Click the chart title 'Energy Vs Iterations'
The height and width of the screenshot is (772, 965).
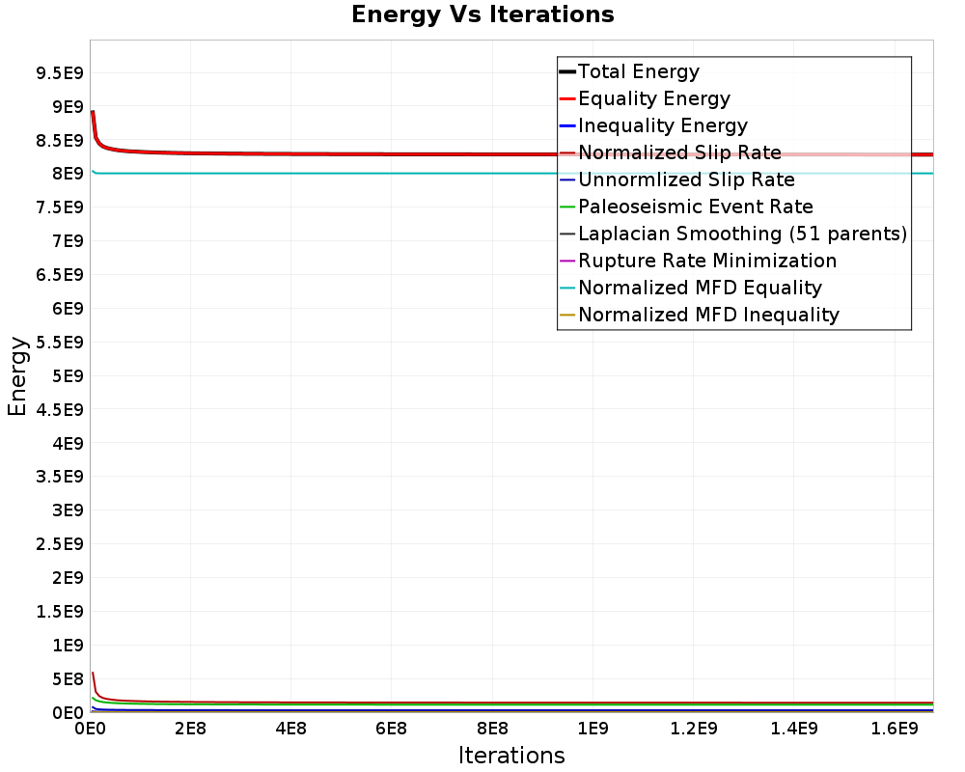click(482, 14)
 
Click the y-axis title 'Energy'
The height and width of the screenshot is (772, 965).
click(16, 375)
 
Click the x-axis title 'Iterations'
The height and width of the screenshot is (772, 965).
click(511, 755)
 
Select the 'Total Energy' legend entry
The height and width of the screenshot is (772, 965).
click(638, 71)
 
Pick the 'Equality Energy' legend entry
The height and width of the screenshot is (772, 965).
click(653, 98)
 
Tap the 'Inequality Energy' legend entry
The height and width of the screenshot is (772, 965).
click(662, 125)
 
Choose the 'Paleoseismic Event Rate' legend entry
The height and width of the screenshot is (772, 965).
click(695, 207)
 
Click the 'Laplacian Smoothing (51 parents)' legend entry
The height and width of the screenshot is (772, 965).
click(742, 234)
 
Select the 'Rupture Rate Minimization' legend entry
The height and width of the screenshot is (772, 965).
click(707, 261)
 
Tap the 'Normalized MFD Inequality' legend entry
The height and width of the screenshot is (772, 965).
click(708, 315)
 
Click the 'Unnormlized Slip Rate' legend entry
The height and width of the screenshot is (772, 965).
click(686, 179)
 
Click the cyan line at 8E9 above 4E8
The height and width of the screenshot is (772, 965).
click(290, 174)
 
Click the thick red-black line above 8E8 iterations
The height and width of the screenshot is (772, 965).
click(492, 154)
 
